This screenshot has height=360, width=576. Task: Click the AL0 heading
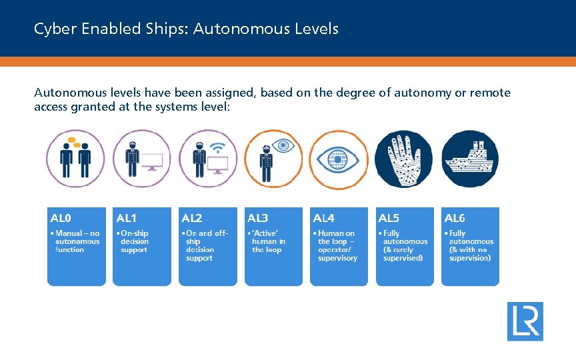click(61, 218)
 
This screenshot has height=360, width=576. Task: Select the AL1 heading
click(126, 218)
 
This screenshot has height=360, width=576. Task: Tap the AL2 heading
click(191, 218)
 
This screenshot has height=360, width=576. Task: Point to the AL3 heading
click(257, 218)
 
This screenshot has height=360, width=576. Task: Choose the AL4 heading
click(323, 218)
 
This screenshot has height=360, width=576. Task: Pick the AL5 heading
click(389, 218)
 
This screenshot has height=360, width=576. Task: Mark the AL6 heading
click(455, 218)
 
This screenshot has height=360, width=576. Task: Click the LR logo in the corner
click(525, 321)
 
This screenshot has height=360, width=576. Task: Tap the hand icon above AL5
click(402, 159)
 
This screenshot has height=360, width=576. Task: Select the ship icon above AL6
click(470, 159)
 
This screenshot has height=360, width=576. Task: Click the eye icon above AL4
click(339, 159)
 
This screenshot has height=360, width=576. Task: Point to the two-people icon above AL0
click(75, 159)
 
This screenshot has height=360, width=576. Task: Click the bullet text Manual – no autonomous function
click(77, 241)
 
